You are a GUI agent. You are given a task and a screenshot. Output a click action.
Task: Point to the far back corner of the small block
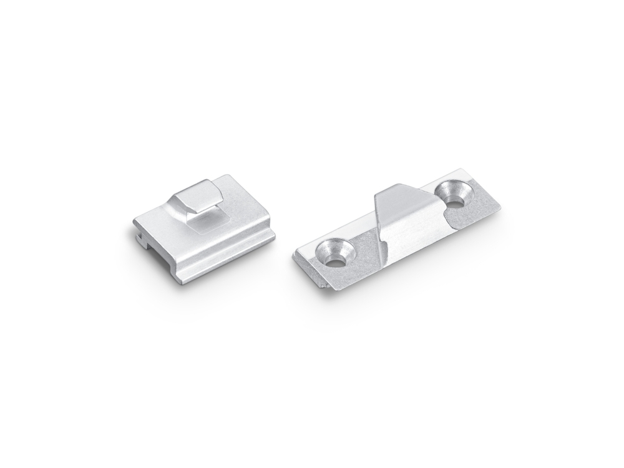click(x=232, y=177)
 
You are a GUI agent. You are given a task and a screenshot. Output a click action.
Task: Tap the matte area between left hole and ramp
click(x=365, y=246)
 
